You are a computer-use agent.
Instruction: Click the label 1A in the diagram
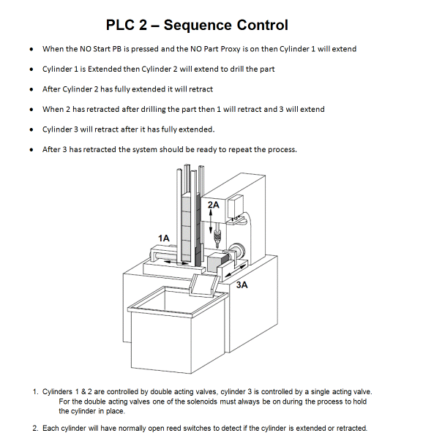coord(163,238)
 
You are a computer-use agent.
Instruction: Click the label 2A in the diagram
coord(213,206)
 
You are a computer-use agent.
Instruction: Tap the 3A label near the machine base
coord(242,286)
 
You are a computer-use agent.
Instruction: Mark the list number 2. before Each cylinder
coord(36,428)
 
